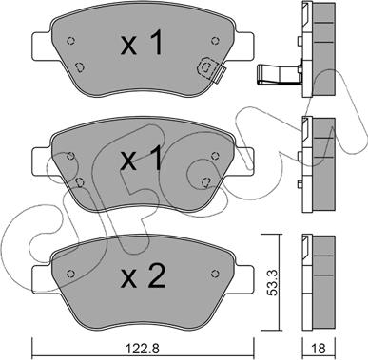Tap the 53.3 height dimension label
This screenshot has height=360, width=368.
click(272, 282)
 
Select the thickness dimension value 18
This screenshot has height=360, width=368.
click(320, 349)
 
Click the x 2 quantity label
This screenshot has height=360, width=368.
click(143, 276)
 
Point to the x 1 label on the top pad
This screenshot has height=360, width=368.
click(143, 43)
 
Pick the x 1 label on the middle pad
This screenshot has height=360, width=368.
click(143, 159)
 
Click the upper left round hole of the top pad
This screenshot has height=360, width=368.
click(71, 41)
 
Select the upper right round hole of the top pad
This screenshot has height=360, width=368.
click(215, 41)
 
